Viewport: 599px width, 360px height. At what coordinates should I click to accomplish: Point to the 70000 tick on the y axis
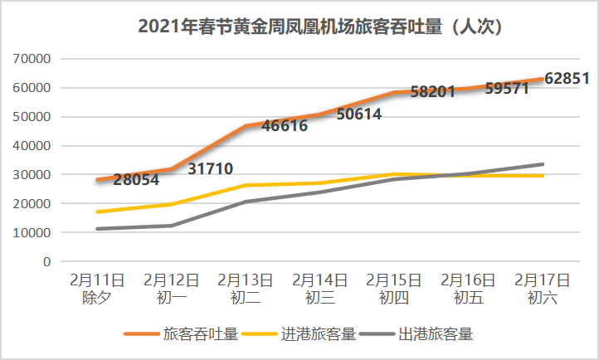click(x=32, y=59)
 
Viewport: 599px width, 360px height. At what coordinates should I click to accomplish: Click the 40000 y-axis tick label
click(x=32, y=146)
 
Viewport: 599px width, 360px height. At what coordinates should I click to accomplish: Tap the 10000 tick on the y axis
click(x=32, y=233)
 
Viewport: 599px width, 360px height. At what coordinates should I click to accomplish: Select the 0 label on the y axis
click(x=46, y=262)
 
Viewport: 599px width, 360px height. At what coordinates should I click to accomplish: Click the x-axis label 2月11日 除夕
click(x=99, y=288)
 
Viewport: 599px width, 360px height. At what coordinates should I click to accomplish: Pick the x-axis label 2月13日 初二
click(x=246, y=288)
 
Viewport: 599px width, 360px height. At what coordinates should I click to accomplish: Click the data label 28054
click(x=137, y=178)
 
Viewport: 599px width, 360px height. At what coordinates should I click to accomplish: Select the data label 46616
click(x=285, y=126)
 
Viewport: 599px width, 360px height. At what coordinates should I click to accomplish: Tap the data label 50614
click(x=359, y=114)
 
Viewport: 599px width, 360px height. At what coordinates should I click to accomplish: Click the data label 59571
click(x=506, y=88)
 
